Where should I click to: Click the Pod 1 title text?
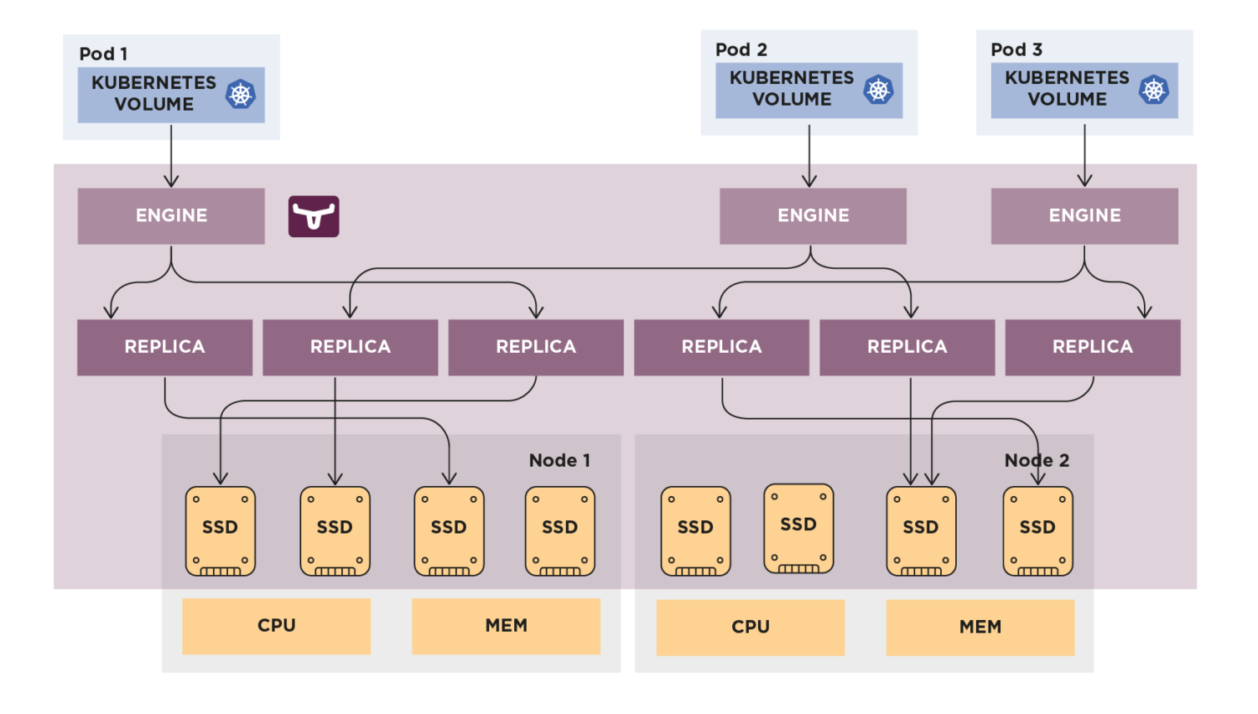(x=103, y=54)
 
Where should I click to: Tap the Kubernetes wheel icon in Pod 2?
(x=878, y=90)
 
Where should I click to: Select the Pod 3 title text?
(x=1016, y=49)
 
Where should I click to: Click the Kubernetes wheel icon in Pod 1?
(x=241, y=94)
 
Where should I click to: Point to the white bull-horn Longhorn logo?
(x=314, y=216)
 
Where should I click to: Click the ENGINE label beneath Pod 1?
(x=172, y=215)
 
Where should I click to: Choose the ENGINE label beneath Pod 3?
(x=1084, y=215)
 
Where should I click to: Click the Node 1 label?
(x=559, y=460)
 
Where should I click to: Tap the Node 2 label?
(x=1037, y=460)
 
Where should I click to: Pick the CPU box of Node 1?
(x=276, y=626)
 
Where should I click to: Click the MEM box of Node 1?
(x=506, y=626)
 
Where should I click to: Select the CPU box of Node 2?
(x=750, y=627)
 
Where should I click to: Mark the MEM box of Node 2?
(x=980, y=627)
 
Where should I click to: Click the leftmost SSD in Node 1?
(x=220, y=530)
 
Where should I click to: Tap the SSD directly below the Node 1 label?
(x=559, y=530)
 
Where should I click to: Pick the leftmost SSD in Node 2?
(x=695, y=530)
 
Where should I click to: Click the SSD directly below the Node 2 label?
(x=1037, y=530)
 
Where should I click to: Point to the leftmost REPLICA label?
(x=164, y=346)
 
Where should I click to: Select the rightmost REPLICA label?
(x=1092, y=346)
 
